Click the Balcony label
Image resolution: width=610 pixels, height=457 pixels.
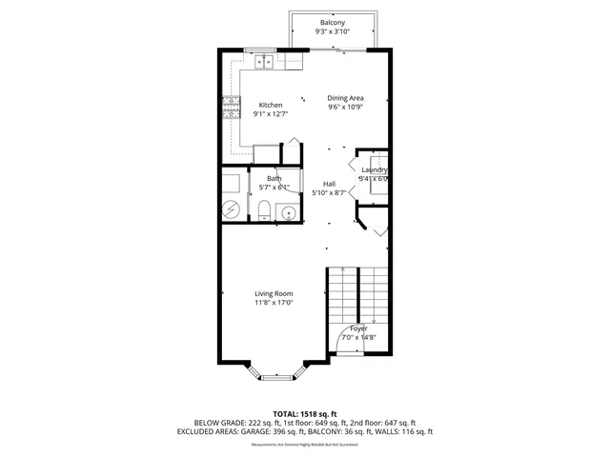point(333,22)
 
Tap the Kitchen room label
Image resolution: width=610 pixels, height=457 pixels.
point(271,105)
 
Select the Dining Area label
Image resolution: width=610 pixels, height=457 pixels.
point(346,98)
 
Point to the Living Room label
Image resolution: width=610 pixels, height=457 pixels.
point(274,293)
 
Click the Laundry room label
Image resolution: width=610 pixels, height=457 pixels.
point(373,169)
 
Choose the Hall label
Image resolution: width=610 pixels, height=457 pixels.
point(329,184)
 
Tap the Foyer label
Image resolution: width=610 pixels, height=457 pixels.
point(358,328)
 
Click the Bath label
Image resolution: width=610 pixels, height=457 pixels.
point(274,178)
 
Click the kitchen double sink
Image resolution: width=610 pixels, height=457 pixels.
point(264,62)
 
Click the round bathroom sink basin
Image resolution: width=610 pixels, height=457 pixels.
point(286,211)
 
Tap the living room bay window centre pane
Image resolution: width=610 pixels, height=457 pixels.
point(278,378)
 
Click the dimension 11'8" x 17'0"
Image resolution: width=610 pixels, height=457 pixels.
point(274,304)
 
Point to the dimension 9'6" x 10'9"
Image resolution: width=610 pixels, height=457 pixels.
point(346,107)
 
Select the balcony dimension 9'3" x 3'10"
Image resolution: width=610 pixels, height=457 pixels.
point(333,31)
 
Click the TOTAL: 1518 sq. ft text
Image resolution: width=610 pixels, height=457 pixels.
point(304,414)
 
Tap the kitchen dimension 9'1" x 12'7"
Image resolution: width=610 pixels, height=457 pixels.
point(271,114)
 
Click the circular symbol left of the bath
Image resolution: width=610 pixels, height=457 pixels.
point(233,209)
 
